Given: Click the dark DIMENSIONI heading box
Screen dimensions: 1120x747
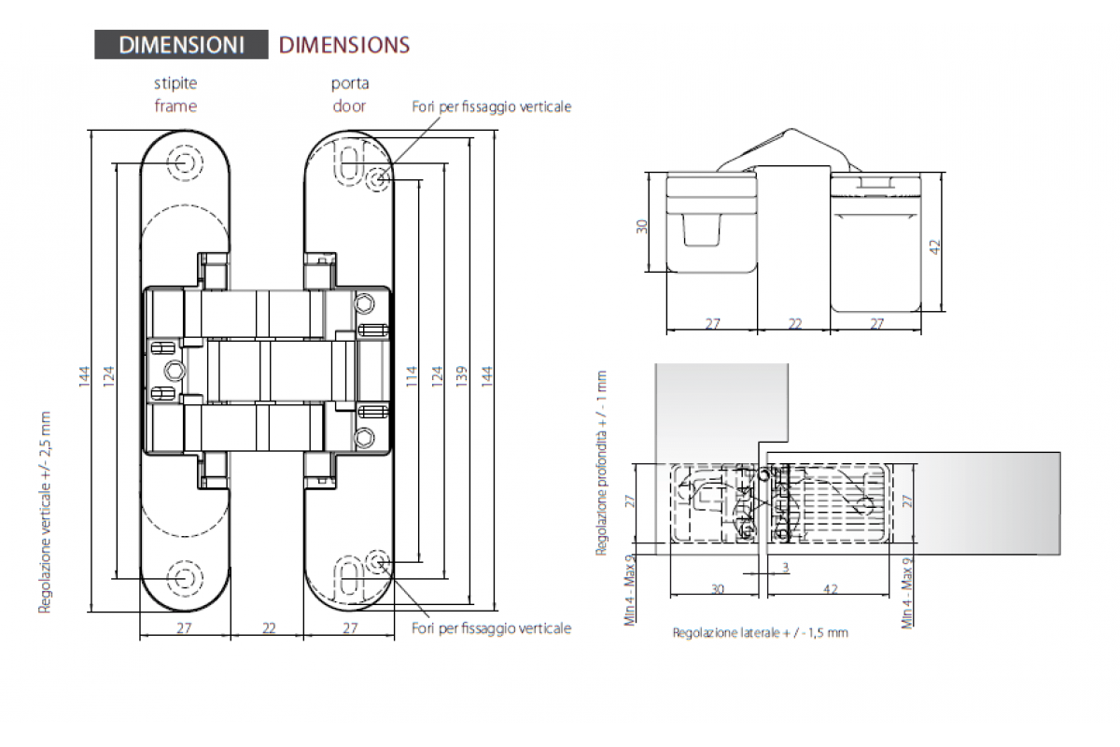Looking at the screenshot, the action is [x=181, y=45].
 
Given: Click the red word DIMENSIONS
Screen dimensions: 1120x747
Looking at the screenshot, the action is [x=344, y=45].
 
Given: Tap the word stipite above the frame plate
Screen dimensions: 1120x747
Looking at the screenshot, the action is [x=175, y=83].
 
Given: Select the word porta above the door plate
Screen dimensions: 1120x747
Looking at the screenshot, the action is [x=350, y=83].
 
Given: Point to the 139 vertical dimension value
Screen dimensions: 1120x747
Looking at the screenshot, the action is [x=462, y=375].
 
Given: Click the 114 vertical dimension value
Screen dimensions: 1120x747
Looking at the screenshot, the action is [x=411, y=375].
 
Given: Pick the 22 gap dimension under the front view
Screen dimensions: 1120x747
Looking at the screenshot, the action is [x=269, y=627].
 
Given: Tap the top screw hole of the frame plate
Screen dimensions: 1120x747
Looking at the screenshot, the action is [x=185, y=162].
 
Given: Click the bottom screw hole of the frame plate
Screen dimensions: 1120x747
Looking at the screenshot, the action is [x=185, y=578].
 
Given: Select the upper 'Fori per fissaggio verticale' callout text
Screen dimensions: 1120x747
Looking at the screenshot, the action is [x=492, y=106].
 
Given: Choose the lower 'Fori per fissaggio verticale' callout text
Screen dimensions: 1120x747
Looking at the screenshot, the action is [x=492, y=627].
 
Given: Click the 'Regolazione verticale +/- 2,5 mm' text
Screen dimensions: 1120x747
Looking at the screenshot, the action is [x=45, y=513].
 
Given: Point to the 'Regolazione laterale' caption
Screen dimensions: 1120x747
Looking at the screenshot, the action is [x=761, y=633].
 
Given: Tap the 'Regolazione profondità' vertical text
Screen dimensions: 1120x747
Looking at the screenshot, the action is [x=601, y=463].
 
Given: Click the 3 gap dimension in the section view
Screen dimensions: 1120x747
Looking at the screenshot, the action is [x=786, y=568].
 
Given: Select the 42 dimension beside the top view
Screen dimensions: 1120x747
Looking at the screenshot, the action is [x=935, y=247].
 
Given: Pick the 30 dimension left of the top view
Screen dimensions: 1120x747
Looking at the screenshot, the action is [x=642, y=227].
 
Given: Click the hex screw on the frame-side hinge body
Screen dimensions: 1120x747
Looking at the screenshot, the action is [x=175, y=371].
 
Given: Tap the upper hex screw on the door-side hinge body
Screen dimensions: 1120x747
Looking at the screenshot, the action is [x=365, y=303].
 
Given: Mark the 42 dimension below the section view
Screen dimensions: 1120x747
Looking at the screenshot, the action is [x=831, y=589].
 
